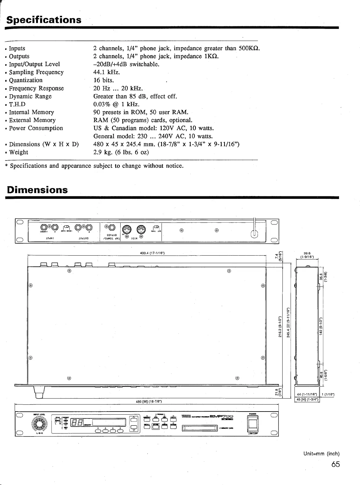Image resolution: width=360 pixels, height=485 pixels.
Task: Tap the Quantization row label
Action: tap(26, 80)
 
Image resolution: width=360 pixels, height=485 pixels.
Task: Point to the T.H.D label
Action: tap(17, 104)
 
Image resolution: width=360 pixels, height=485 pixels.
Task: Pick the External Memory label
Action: tap(32, 120)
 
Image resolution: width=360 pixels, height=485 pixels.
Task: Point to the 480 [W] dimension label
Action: tap(149, 401)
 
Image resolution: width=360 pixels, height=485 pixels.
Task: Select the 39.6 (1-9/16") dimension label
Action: tap(307, 254)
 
